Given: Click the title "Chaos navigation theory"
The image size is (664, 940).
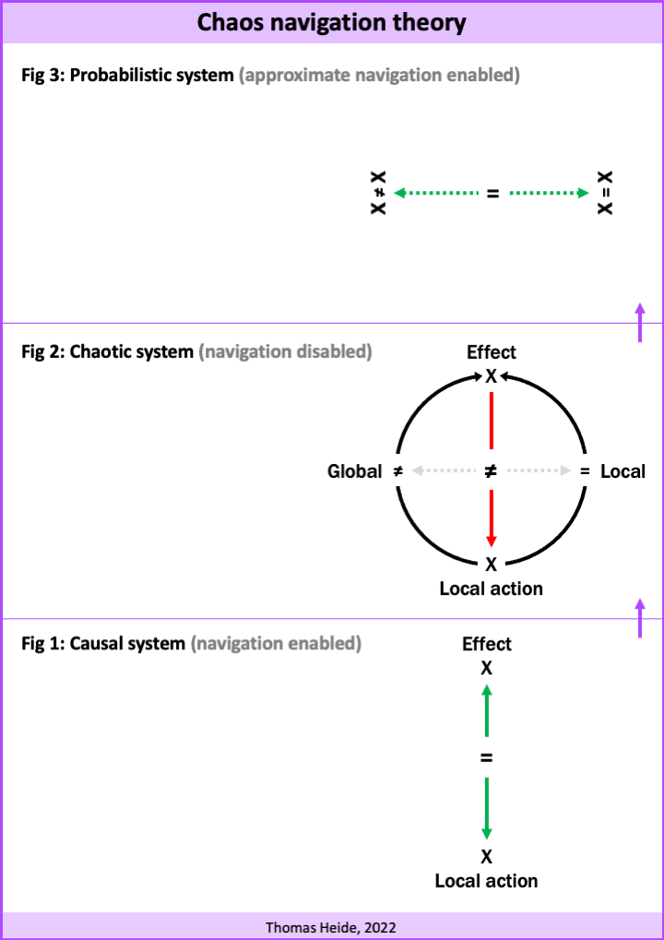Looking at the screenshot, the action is click(x=331, y=23).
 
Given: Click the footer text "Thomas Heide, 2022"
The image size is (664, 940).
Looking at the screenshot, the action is click(x=331, y=927).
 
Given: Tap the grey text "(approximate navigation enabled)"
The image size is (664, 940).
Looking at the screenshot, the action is click(x=379, y=77).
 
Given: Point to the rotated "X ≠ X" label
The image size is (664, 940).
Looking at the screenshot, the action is click(x=378, y=193).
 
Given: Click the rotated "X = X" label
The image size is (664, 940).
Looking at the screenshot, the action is click(x=605, y=193).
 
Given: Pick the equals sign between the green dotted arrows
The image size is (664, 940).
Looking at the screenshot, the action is click(x=492, y=194).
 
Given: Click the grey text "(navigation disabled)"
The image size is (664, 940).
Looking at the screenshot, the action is click(x=285, y=351).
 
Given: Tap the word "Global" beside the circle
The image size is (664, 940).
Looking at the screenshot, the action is click(x=354, y=471).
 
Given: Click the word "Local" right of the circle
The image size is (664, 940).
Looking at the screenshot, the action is click(x=623, y=471).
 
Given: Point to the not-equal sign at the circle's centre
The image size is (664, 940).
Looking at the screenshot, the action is click(x=491, y=471).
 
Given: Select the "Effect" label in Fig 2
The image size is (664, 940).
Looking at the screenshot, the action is click(x=492, y=351).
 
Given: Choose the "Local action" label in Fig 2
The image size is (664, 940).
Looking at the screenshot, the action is click(x=492, y=589).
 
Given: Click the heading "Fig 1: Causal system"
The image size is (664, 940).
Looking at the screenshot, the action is click(x=103, y=644).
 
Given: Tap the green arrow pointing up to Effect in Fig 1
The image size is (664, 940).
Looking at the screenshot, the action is click(x=487, y=711).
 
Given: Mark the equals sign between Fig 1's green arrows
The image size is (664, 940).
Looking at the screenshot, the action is click(x=487, y=758).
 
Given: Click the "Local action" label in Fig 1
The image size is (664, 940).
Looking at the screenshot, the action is click(x=487, y=881).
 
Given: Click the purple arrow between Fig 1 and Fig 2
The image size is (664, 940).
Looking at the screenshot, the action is click(x=640, y=617).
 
